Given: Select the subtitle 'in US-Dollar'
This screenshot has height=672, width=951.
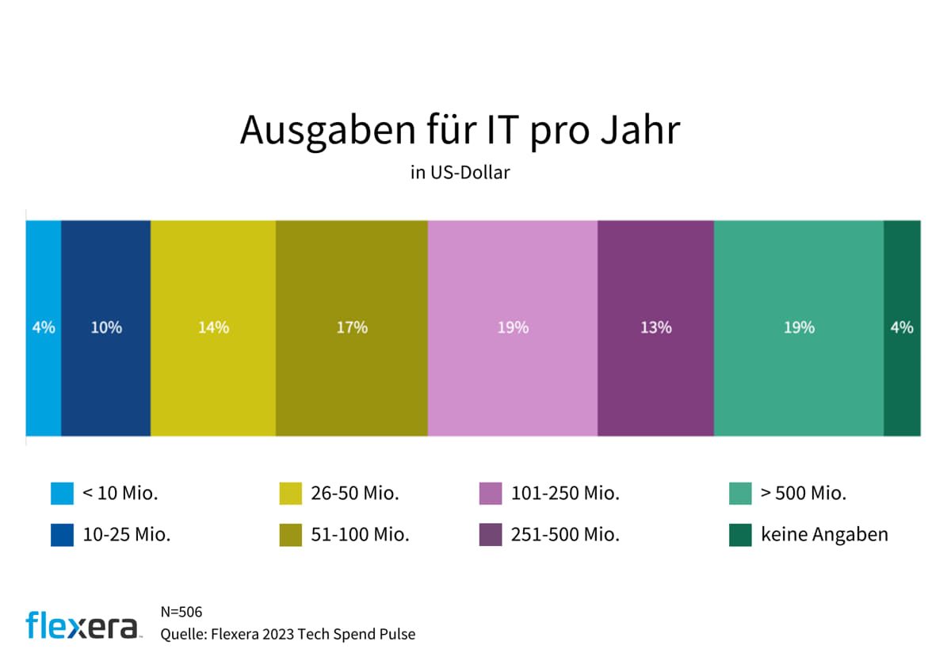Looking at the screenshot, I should (460, 172).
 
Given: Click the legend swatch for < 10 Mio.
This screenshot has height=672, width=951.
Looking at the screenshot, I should (62, 494).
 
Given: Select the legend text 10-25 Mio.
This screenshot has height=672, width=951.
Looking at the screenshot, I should (126, 535).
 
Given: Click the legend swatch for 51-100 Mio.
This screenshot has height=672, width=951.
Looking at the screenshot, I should (291, 535).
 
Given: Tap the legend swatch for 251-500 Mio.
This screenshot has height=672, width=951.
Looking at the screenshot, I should (491, 535).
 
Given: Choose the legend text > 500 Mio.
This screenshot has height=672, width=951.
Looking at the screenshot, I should (804, 494).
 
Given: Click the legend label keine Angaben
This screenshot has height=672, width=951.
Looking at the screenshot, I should (824, 535).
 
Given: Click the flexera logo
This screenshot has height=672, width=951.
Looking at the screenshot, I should (82, 624).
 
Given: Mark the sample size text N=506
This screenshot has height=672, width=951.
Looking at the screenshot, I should (181, 613).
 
